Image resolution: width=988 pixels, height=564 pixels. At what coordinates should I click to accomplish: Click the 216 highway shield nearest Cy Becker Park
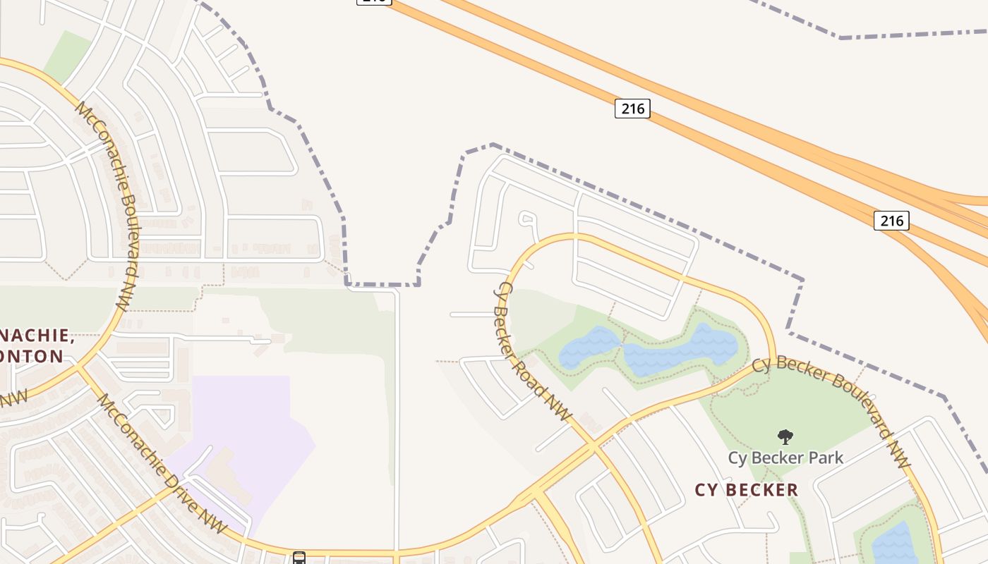pyautogui.click(x=891, y=221)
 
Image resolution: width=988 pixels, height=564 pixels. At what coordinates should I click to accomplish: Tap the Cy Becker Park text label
pyautogui.click(x=785, y=458)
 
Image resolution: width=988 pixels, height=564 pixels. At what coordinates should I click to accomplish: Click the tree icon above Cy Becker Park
pyautogui.click(x=785, y=437)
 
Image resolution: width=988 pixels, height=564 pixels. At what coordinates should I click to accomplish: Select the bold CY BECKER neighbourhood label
pyautogui.click(x=747, y=490)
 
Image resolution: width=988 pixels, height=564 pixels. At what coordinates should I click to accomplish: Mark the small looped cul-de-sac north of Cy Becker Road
pyautogui.click(x=527, y=219)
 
